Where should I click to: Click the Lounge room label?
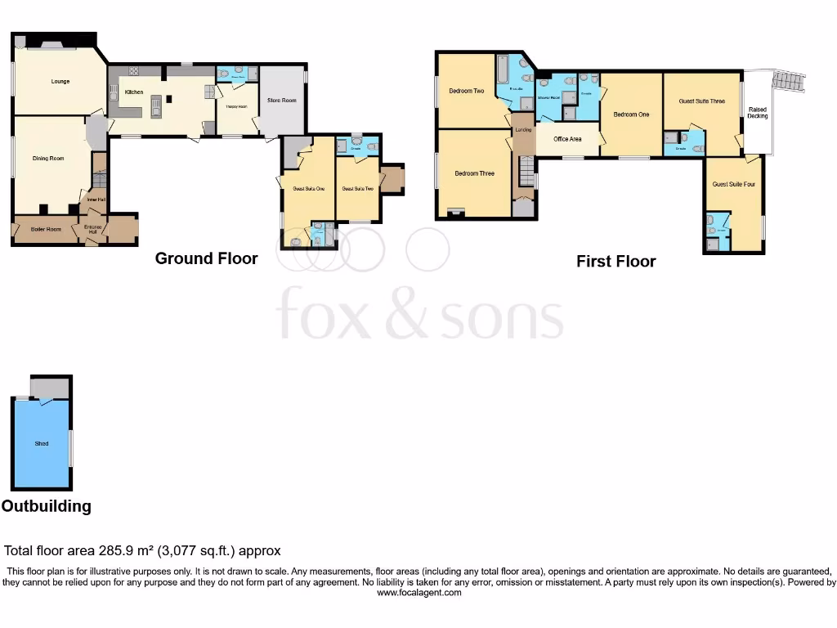(60, 82)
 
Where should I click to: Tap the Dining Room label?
(48, 158)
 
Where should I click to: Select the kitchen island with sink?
(155, 103)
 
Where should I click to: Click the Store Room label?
(282, 101)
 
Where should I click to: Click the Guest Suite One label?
(309, 189)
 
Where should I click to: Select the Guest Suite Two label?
(357, 189)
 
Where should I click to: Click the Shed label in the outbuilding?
(42, 443)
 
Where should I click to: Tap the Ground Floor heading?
(206, 258)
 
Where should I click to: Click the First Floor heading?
(615, 262)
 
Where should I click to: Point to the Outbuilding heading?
(47, 506)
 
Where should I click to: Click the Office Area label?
(567, 139)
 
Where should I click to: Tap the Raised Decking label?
(758, 113)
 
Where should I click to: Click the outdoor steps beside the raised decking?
(789, 81)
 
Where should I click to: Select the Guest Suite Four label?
(733, 185)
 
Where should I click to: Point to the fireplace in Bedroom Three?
(454, 213)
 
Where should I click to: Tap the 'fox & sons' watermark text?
(419, 315)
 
